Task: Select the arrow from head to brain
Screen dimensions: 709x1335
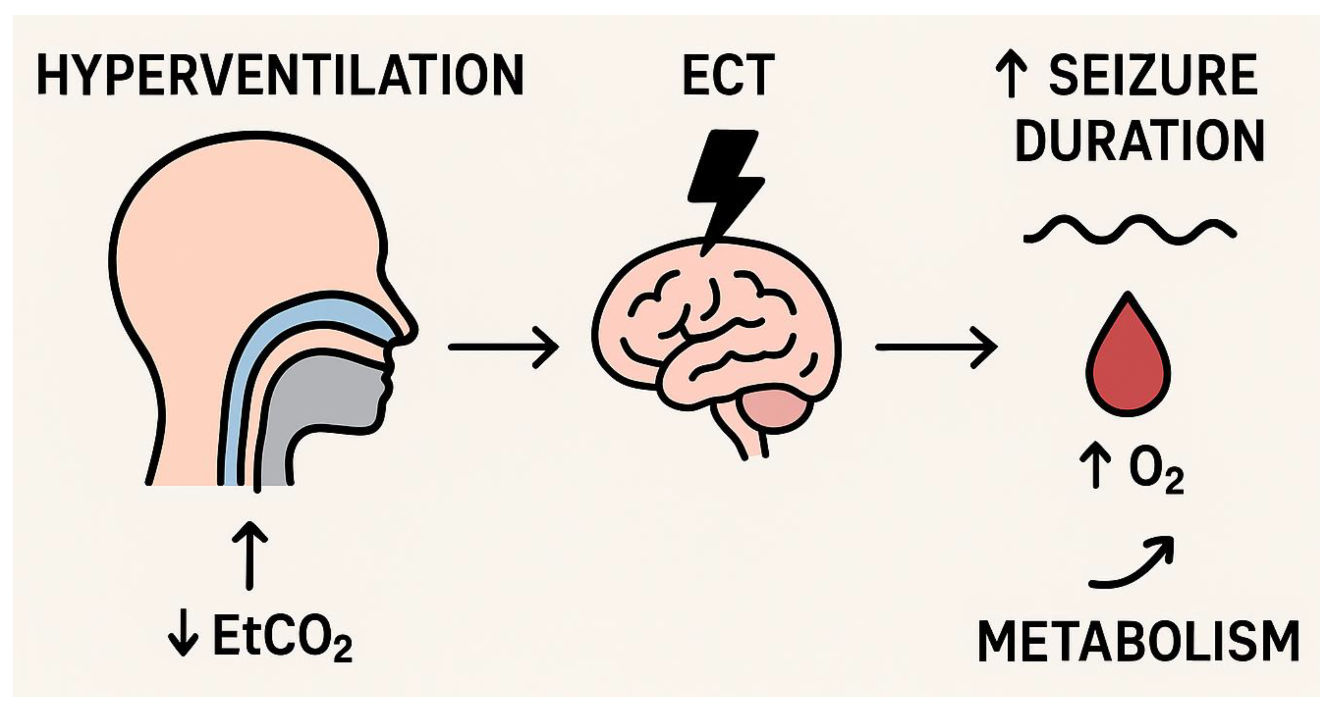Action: pos(503,347)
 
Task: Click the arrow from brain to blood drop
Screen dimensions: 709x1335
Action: pos(935,347)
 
